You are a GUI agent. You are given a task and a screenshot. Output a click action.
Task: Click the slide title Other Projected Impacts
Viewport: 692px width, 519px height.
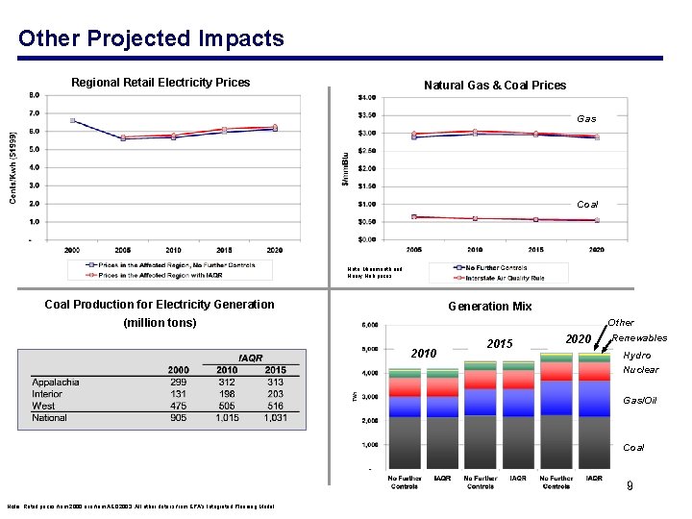click(x=151, y=38)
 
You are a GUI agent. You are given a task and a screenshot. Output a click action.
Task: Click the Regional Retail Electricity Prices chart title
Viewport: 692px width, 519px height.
click(x=161, y=83)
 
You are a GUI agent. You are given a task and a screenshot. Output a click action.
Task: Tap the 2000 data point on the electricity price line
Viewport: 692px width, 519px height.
click(x=73, y=120)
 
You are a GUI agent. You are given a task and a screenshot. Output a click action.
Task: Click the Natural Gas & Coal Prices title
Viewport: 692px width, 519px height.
click(x=495, y=86)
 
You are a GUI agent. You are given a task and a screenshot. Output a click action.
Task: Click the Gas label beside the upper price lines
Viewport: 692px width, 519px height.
click(x=586, y=119)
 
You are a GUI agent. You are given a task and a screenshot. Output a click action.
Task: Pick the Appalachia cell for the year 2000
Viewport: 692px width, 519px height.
click(x=178, y=382)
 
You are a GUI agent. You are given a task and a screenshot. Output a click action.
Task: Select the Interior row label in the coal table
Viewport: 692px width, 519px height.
click(x=48, y=394)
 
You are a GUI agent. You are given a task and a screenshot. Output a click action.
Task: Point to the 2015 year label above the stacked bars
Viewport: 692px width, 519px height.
click(x=501, y=344)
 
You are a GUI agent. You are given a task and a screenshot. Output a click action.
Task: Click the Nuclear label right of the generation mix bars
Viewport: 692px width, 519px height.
click(x=641, y=370)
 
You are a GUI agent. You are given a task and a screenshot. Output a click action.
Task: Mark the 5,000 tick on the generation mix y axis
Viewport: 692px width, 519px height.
click(x=367, y=349)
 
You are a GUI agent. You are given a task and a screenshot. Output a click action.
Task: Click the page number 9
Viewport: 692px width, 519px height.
click(x=630, y=487)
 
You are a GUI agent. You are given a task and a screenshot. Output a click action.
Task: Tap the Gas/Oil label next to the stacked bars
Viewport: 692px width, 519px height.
click(x=641, y=400)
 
